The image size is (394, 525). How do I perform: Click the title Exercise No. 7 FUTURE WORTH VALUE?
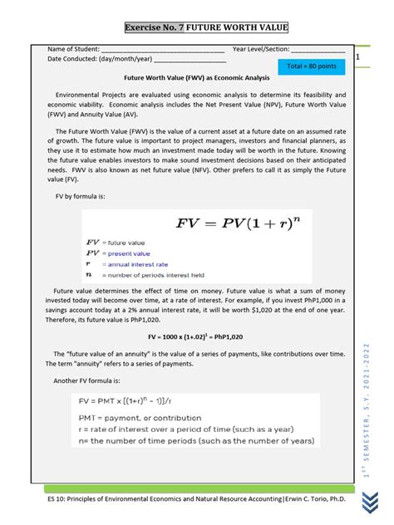click(206, 28)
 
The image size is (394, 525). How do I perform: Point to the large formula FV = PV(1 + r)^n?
click(241, 223)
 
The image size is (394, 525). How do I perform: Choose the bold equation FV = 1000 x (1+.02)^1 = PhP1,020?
click(195, 338)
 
